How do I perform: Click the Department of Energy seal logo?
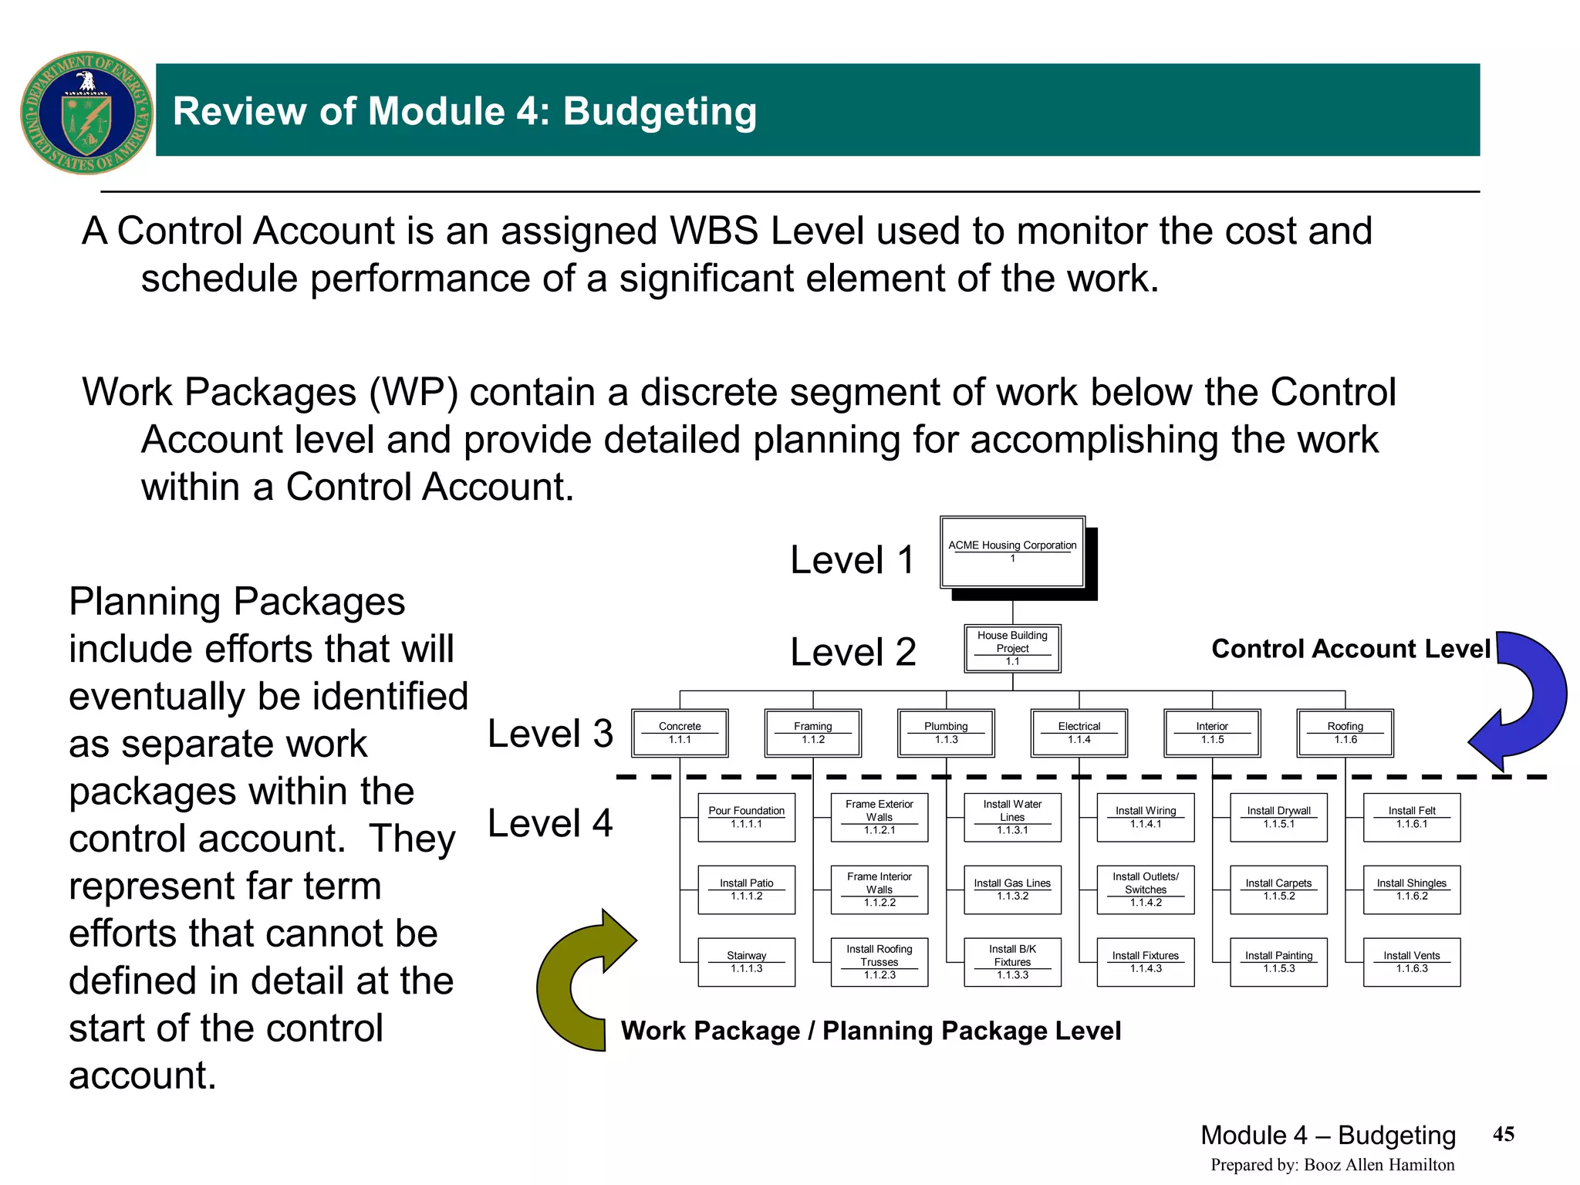(86, 113)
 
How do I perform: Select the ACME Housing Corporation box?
(1012, 552)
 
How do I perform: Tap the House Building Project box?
(1012, 648)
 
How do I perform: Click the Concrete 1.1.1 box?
(680, 733)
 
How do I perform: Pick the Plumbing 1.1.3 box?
(946, 733)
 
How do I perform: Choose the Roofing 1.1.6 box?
(1345, 733)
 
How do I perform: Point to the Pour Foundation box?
(746, 817)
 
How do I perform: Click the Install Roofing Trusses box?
(879, 962)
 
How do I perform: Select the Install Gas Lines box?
(1012, 890)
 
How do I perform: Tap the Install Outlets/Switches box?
(1146, 890)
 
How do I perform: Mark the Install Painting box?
(1278, 962)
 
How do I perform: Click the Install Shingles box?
(1411, 890)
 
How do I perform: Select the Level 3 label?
(550, 733)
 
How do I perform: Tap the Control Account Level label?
(1350, 649)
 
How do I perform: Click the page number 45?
(1504, 1134)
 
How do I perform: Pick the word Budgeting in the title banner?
(660, 111)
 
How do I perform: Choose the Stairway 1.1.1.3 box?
(746, 962)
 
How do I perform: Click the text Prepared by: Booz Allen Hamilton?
(1332, 1165)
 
